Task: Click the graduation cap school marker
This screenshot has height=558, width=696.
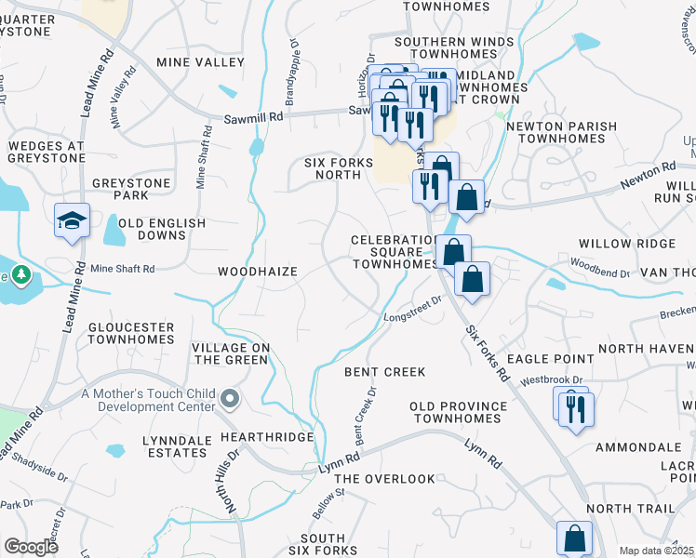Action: (x=72, y=221)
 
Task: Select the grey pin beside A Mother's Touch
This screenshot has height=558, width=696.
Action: (x=232, y=400)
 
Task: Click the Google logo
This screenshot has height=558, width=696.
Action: (x=31, y=547)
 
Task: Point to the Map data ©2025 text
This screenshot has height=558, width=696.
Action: (x=656, y=551)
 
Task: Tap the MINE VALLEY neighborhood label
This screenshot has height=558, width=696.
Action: (x=200, y=62)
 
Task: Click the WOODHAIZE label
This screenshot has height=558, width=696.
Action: (x=257, y=272)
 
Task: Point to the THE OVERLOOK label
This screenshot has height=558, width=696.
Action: (x=384, y=479)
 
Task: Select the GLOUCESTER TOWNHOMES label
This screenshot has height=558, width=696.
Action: (x=131, y=334)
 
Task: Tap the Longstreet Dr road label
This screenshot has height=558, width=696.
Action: (x=412, y=311)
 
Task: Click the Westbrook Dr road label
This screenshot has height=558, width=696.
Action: (x=552, y=380)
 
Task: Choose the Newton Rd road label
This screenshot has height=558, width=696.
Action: (x=649, y=171)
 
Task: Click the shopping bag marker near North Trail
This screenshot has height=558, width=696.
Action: (x=574, y=538)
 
